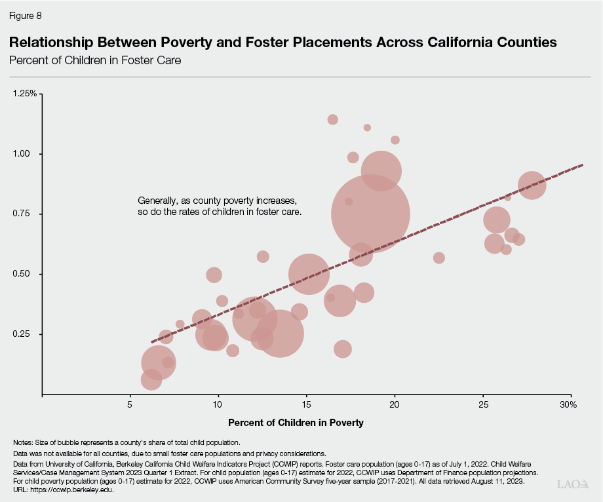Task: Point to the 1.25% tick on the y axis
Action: [25, 94]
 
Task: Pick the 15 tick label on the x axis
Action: [306, 405]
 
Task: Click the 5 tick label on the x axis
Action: [130, 405]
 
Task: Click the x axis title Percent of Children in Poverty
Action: [295, 423]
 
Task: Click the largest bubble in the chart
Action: [370, 213]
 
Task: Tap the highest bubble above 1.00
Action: [332, 119]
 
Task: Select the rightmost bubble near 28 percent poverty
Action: [532, 185]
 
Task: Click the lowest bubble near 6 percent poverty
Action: [151, 379]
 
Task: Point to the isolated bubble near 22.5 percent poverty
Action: [439, 258]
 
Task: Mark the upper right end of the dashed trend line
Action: [582, 165]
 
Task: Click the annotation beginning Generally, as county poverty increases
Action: [219, 206]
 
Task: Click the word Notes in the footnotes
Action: [23, 442]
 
